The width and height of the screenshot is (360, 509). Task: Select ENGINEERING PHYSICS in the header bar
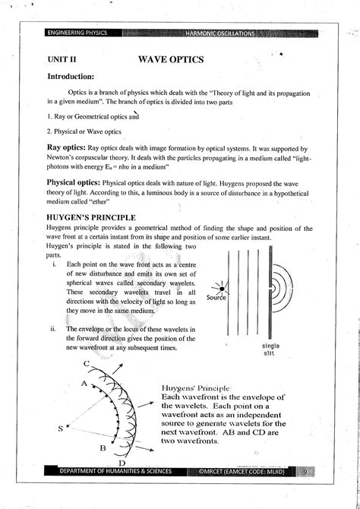tap(77, 33)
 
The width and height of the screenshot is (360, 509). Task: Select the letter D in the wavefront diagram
tap(122, 463)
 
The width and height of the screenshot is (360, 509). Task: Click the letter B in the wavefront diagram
tap(102, 448)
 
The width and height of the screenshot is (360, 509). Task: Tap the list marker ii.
tap(52, 329)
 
